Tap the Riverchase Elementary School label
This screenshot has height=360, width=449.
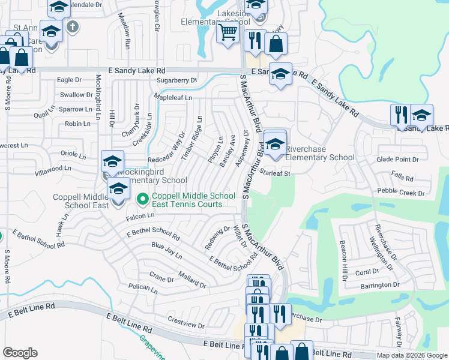pos(319,153)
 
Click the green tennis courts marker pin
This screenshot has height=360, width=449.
pos(143,197)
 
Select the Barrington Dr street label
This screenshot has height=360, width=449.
pos(381,285)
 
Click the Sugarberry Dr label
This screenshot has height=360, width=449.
pos(176,80)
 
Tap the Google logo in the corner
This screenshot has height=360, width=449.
pos(20,352)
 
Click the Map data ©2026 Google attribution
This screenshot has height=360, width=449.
pos(411,355)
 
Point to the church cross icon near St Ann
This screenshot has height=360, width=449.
pos(72,26)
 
